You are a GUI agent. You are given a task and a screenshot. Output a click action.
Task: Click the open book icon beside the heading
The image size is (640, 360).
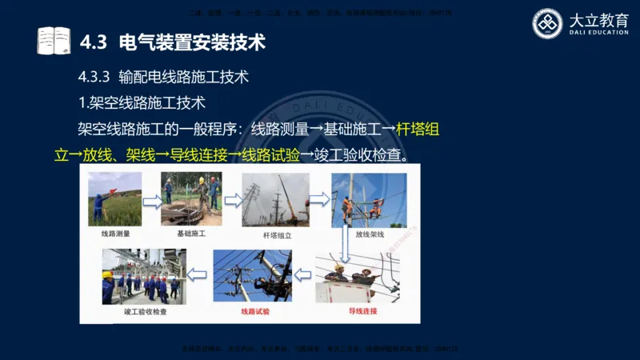(54, 40)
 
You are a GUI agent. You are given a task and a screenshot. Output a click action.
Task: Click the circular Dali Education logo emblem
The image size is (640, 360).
(549, 23)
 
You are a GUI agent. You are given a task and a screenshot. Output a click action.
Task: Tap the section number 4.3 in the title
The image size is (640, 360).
(94, 40)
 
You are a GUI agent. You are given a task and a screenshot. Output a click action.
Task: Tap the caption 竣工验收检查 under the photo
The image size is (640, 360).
(145, 313)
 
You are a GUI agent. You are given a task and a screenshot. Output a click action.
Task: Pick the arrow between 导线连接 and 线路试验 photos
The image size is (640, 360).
(303, 274)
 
